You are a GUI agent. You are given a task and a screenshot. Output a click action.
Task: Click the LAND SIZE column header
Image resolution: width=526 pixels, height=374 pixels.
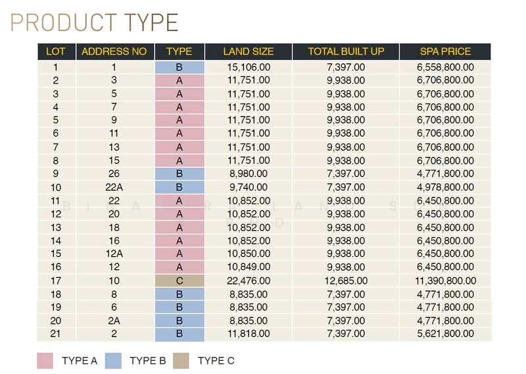click(249, 51)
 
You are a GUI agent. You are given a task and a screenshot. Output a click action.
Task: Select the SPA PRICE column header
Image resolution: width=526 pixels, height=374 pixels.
click(446, 51)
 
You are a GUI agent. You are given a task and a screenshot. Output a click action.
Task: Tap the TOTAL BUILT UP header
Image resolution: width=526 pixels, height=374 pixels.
click(346, 51)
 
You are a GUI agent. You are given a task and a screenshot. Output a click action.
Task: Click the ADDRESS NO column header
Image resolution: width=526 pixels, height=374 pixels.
click(114, 51)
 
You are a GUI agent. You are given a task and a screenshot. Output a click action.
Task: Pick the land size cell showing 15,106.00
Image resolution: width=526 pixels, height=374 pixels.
click(249, 67)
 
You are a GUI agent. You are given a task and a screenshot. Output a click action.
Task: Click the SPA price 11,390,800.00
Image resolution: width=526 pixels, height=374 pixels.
click(446, 280)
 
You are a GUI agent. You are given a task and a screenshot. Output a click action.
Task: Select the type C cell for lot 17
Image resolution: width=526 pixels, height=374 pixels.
click(179, 280)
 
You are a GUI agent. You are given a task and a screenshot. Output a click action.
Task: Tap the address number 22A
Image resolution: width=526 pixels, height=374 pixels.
click(114, 187)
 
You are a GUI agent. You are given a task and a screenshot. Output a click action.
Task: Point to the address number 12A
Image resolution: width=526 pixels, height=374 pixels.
click(114, 254)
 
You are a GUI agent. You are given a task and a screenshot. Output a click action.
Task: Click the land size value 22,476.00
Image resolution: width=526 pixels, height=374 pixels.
click(249, 280)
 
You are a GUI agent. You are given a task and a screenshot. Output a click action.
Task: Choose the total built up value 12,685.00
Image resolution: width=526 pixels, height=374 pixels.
click(346, 280)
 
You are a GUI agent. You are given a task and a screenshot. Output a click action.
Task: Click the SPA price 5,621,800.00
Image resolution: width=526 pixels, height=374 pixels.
click(446, 334)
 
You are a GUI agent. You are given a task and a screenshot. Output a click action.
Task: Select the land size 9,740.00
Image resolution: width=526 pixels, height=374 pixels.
click(249, 187)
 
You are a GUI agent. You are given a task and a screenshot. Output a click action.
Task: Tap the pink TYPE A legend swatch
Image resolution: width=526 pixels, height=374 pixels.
click(45, 361)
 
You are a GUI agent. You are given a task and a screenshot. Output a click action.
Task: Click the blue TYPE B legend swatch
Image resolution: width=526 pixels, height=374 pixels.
click(113, 361)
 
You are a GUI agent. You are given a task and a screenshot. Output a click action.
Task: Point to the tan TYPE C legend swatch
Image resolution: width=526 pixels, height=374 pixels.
click(181, 361)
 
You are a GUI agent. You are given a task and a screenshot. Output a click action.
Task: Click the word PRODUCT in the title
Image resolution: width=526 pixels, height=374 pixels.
click(64, 22)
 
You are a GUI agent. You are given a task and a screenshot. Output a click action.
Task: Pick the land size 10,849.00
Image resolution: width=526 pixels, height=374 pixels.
click(249, 267)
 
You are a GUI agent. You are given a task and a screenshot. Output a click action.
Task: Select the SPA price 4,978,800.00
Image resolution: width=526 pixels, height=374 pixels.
click(446, 187)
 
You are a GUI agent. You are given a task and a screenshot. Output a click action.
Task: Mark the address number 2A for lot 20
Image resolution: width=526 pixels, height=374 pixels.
click(114, 321)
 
